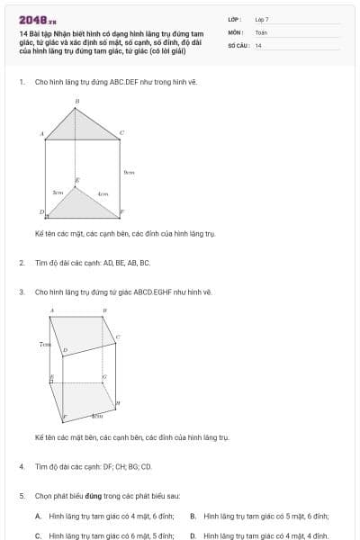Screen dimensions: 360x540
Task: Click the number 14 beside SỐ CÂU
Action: [x=258, y=45]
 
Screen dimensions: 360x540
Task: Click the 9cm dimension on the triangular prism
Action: [x=129, y=172]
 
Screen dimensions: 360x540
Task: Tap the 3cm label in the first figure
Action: [x=58, y=193]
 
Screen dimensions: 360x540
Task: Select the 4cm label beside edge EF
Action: [x=103, y=193]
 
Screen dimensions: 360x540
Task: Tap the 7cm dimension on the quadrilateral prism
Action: [x=44, y=344]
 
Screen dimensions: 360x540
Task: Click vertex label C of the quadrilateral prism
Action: [x=118, y=337]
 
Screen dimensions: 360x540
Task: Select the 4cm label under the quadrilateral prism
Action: [x=97, y=416]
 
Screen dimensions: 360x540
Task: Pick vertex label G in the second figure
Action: [x=104, y=376]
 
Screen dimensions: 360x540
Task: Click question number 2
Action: [x=21, y=263]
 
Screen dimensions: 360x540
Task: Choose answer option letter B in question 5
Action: [x=193, y=516]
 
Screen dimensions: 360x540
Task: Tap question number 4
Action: [x=21, y=467]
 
